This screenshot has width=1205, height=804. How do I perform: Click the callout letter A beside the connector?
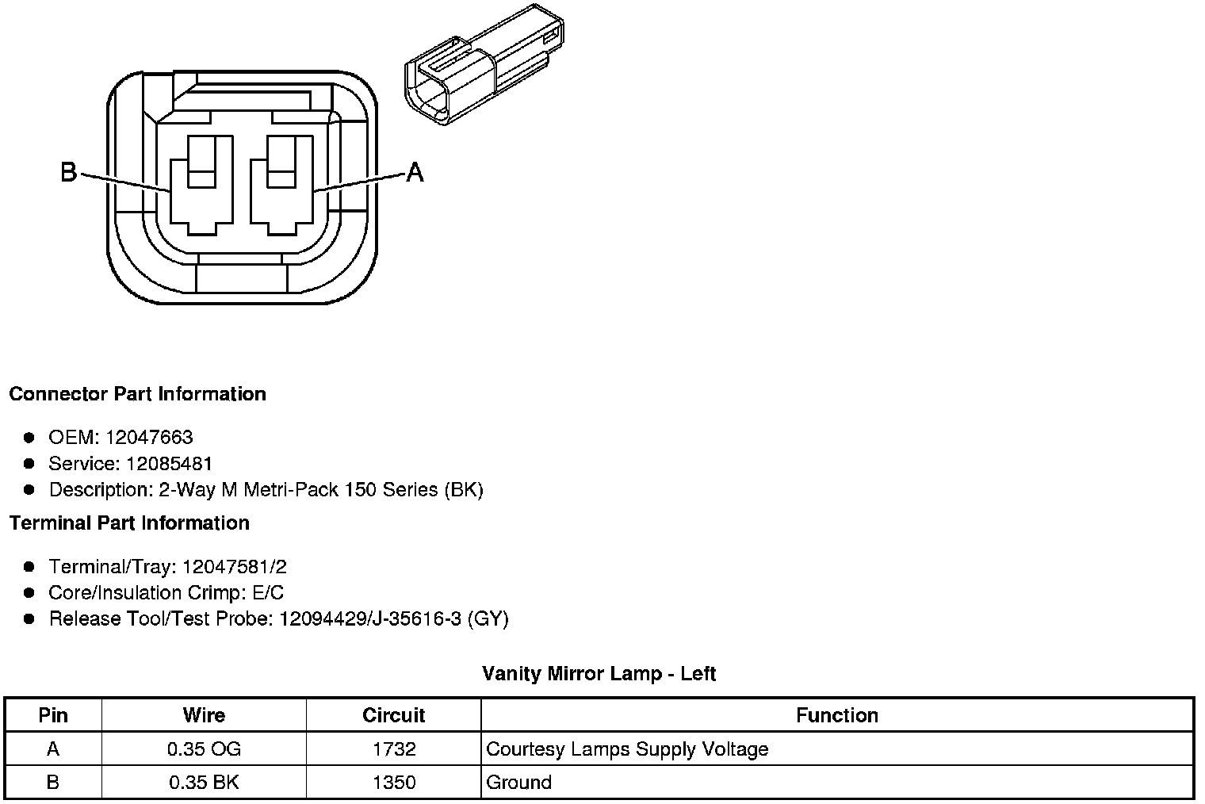pos(415,171)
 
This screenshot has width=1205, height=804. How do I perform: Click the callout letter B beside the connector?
pos(69,171)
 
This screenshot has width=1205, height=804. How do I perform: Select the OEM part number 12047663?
pos(149,438)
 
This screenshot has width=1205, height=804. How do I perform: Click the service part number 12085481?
pos(169,464)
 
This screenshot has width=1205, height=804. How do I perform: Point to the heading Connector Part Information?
pos(138,394)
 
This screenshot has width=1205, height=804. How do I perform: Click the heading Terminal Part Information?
pos(130,523)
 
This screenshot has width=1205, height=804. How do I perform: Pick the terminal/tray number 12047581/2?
pos(234,567)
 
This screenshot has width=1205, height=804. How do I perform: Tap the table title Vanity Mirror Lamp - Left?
pos(599,674)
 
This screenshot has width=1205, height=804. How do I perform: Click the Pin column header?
pos(53,715)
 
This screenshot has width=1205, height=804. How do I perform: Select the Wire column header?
pos(204,715)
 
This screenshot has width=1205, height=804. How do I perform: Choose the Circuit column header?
pos(393,715)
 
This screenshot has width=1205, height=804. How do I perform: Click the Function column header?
pos(836,715)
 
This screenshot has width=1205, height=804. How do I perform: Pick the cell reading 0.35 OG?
pos(204,749)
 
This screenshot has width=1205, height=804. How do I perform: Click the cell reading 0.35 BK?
pos(204,783)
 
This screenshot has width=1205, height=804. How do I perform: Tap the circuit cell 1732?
pos(393,749)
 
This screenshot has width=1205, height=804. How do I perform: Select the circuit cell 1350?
pos(393,783)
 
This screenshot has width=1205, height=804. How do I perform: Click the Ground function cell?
pos(519,783)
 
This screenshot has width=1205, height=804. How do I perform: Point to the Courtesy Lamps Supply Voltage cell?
pos(627,749)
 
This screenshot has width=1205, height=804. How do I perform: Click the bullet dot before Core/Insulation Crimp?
pos(29,593)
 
